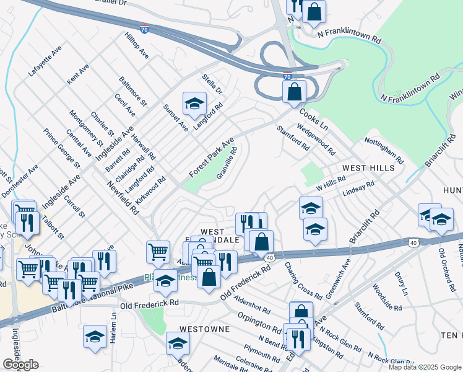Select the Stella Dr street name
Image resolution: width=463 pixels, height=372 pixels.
coord(212,84)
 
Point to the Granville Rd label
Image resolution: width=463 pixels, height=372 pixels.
coord(227,162)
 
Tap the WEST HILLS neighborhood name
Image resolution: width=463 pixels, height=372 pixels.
coord(369,169)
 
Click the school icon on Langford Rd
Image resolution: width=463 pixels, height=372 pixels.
coord(194,104)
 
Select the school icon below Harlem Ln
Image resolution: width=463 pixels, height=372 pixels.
coord(95,337)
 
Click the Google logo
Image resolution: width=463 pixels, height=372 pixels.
coord(20,365)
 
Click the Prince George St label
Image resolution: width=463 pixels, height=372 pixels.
coord(61,148)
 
